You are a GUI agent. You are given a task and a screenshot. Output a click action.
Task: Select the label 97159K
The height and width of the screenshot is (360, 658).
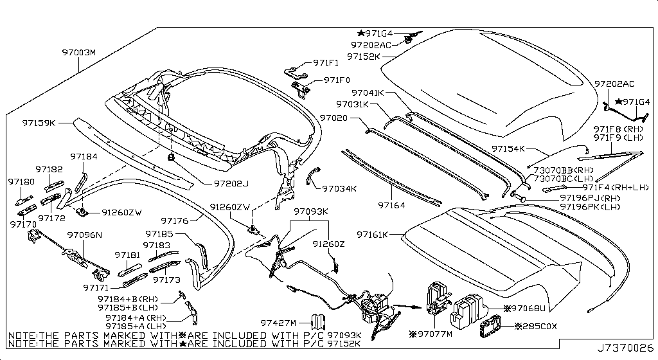coord(39,122)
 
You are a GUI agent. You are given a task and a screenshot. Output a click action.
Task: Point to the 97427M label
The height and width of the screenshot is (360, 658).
coord(278,323)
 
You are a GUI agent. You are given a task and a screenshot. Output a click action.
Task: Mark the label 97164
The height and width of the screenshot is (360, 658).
coord(393,206)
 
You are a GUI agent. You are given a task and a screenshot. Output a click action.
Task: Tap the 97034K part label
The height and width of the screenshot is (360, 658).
coord(339,189)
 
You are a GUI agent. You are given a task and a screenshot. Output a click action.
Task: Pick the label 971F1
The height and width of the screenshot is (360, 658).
coord(326,62)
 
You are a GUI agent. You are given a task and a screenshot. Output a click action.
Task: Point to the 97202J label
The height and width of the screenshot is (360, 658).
coord(231,184)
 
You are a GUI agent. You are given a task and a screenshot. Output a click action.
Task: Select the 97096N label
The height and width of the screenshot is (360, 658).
coord(85,236)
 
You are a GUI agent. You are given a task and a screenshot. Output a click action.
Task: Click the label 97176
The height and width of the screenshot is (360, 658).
coord(174,221)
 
